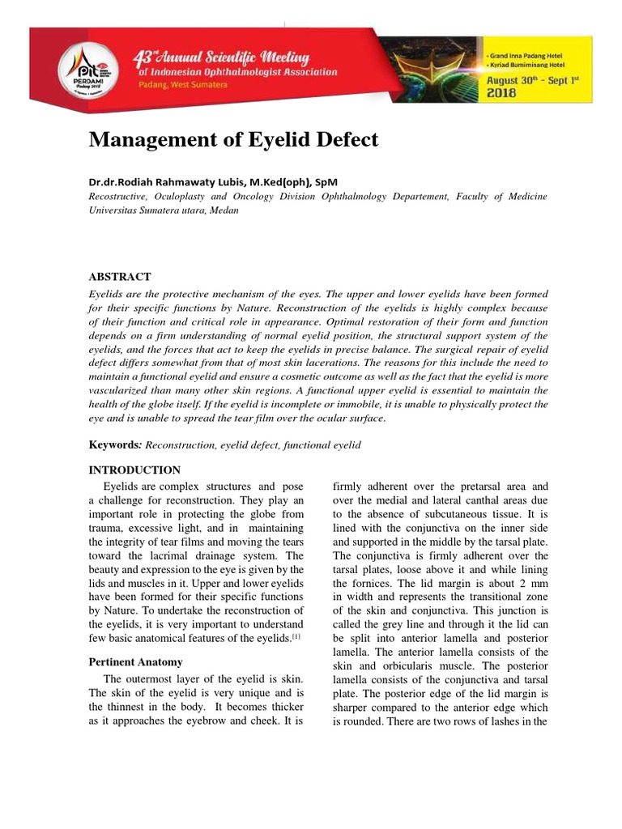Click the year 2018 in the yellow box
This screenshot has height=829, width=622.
click(504, 93)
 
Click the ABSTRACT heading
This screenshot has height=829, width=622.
click(119, 277)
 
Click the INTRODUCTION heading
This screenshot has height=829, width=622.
click(134, 470)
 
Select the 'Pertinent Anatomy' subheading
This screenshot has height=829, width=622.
click(136, 662)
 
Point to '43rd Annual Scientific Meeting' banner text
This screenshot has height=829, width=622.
click(221, 58)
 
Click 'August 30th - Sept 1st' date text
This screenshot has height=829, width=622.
click(536, 80)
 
